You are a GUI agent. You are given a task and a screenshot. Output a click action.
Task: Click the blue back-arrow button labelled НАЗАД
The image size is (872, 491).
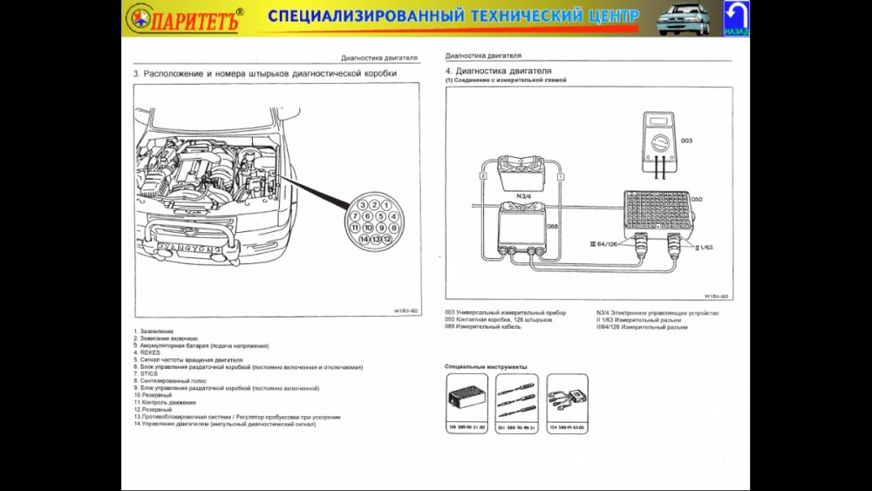click(x=736, y=18)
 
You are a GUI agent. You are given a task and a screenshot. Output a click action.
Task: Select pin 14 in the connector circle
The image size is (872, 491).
click(x=364, y=238)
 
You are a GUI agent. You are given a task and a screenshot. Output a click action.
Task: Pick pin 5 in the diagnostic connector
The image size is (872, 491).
click(x=380, y=216)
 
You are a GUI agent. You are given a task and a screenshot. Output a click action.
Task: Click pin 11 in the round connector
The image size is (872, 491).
click(x=355, y=227)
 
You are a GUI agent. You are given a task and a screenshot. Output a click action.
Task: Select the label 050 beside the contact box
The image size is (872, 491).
click(x=697, y=200)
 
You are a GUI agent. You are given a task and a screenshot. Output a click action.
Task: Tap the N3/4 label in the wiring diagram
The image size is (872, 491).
click(x=524, y=195)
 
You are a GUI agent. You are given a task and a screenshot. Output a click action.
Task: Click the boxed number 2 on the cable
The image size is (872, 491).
click(x=481, y=176)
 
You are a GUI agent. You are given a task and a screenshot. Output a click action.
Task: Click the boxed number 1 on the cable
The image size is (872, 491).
click(x=560, y=176)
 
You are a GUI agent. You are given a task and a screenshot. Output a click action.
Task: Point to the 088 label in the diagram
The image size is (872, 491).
click(x=552, y=227)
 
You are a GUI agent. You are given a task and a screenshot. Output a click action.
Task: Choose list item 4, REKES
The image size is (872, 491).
click(x=149, y=352)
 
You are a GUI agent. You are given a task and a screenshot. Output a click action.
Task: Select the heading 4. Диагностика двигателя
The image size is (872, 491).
click(x=498, y=71)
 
